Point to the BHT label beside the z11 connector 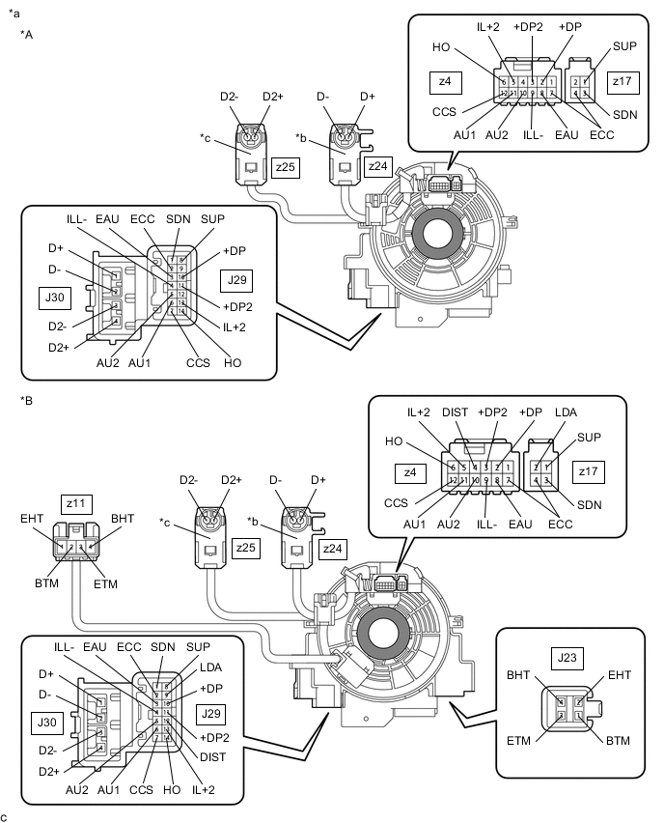pyautogui.click(x=124, y=520)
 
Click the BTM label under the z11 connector pyautogui.click(x=47, y=583)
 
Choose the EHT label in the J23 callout pyautogui.click(x=619, y=675)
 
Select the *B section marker pyautogui.click(x=27, y=398)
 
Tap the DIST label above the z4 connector pyautogui.click(x=456, y=412)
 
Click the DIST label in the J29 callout pyautogui.click(x=212, y=756)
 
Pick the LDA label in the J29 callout pyautogui.click(x=210, y=667)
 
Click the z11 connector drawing pyautogui.click(x=75, y=547)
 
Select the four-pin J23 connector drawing pyautogui.click(x=569, y=710)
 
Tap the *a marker pyautogui.click(x=14, y=13)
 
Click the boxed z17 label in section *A pyautogui.click(x=622, y=82)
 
